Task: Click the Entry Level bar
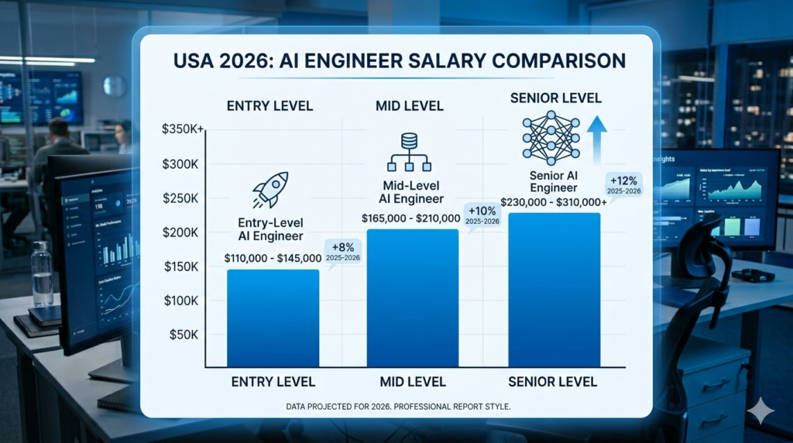(x=273, y=318)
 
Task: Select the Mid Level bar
(x=412, y=298)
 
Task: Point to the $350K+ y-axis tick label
(x=183, y=129)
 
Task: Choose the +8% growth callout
(x=342, y=252)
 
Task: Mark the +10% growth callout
(x=482, y=215)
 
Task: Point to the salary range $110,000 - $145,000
(x=272, y=258)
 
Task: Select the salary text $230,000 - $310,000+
(x=554, y=201)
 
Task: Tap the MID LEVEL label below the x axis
(x=412, y=382)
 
